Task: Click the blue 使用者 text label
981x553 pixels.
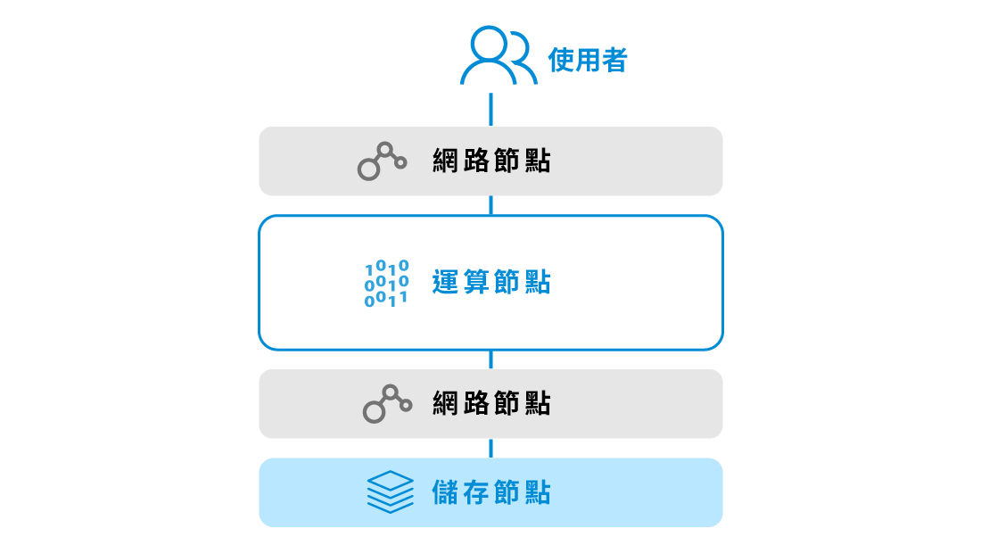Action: pos(588,60)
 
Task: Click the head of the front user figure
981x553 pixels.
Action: pos(488,43)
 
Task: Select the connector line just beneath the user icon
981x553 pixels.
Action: pos(491,110)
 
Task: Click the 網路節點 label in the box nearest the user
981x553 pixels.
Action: pos(491,161)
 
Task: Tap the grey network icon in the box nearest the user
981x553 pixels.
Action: pos(382,161)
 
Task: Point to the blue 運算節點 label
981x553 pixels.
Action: pos(491,282)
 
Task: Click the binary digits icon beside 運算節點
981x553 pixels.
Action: pos(387,284)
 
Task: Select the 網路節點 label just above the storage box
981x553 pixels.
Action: pos(491,403)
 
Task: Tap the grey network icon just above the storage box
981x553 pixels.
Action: pos(387,403)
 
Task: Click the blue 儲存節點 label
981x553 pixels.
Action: pos(491,492)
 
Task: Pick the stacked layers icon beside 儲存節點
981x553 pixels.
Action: pos(390,491)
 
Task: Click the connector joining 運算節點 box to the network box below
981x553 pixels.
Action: pos(491,359)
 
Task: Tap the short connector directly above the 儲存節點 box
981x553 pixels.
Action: pos(491,449)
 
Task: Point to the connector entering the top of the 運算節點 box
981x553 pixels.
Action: pos(491,205)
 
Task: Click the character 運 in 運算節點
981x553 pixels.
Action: pos(446,282)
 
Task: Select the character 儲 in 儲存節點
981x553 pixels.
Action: pos(446,492)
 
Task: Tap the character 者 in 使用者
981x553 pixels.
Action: pos(614,60)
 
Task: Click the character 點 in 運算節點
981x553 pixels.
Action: pos(538,282)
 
